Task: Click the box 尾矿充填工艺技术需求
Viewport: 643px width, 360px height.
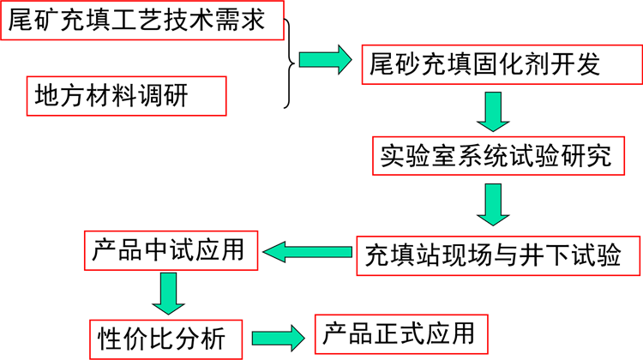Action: (x=141, y=20)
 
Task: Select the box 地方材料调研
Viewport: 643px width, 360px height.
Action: (x=126, y=96)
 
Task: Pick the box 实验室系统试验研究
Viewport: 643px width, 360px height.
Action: (x=496, y=157)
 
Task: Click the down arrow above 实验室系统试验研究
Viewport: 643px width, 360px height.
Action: (x=494, y=111)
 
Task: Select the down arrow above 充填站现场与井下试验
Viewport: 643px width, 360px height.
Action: (x=494, y=206)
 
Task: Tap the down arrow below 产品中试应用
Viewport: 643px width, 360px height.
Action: (x=169, y=293)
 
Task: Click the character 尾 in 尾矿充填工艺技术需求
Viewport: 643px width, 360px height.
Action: (x=21, y=20)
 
